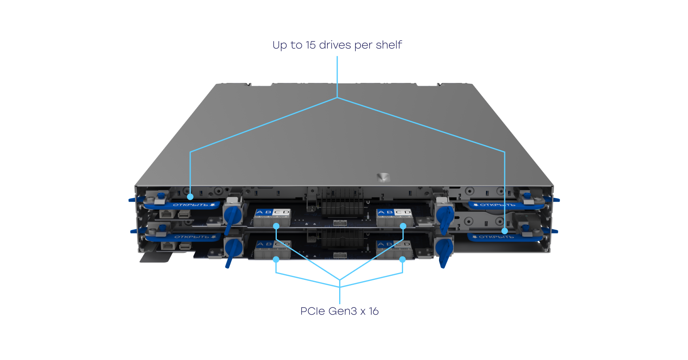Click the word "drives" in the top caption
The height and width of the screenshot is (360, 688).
point(335,45)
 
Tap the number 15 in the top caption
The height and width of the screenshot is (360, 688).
point(310,45)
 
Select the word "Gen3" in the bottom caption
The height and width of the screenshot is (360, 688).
point(342,311)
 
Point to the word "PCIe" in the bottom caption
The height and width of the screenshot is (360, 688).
point(313,311)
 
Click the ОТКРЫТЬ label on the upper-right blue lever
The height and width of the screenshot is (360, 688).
point(497,205)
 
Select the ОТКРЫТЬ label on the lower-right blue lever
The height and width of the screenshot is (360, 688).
point(496,237)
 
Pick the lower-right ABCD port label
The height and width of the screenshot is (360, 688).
point(394,244)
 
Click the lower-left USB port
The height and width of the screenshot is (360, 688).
point(185,246)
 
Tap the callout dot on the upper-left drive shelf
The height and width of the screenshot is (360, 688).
point(190,197)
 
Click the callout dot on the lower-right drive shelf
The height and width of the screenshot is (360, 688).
point(505,231)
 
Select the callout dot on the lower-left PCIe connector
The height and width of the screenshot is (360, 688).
point(276,259)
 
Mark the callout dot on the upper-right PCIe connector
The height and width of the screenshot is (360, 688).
point(403,226)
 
